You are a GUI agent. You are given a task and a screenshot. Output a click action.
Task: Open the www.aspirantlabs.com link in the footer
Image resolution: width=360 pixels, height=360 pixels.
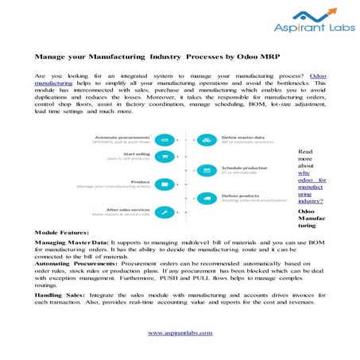(x=180, y=333)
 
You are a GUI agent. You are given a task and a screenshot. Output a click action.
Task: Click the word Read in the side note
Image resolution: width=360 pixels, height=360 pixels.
(x=305, y=150)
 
